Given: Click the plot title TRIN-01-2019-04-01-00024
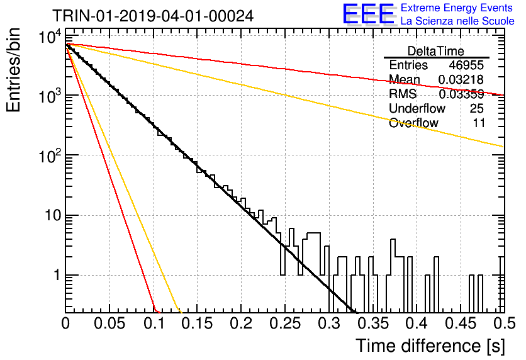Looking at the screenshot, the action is click(x=153, y=16).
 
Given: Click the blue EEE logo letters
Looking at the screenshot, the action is click(x=368, y=14).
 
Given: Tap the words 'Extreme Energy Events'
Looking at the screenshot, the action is click(x=457, y=8).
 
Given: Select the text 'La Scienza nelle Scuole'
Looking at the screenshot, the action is click(x=457, y=21).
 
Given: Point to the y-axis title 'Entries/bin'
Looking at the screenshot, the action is click(x=13, y=70).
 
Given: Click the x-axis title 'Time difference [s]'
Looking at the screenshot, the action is click(x=430, y=346).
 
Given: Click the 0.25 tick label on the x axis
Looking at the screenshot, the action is click(x=285, y=323).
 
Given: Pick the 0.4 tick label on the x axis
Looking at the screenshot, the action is click(x=417, y=323).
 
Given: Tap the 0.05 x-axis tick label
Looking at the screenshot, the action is click(x=109, y=323).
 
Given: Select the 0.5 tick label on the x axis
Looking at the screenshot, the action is click(x=504, y=323).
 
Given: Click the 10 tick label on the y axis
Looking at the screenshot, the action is click(x=53, y=215).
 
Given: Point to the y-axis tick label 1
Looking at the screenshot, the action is click(x=57, y=275).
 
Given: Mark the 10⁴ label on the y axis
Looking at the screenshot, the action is click(x=50, y=37).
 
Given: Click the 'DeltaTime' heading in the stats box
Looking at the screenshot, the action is click(x=436, y=51).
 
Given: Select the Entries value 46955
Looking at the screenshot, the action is click(x=466, y=65).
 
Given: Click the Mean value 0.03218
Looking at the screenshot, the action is click(x=461, y=79).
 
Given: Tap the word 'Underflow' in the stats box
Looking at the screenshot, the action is click(x=417, y=108).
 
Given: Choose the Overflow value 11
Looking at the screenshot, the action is click(x=479, y=123).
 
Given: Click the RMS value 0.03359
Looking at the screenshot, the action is click(x=461, y=94).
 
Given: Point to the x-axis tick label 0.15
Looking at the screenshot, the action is click(x=198, y=323).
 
